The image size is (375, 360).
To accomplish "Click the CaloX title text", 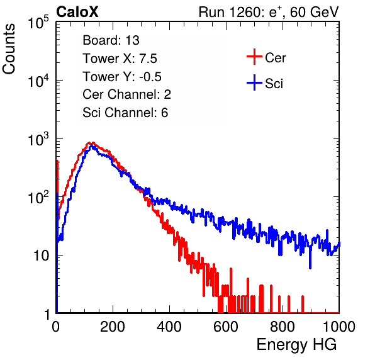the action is pos(77,12).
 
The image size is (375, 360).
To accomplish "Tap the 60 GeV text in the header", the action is pos(315,12).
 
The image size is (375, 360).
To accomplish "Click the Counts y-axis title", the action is pos(9,49).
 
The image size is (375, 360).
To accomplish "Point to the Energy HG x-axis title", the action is pos(296,345).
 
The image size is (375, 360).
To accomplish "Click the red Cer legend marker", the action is pos(254,57).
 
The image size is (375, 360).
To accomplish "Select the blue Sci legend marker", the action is pos(254,83).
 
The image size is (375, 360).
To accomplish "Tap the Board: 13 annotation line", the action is pos(111,40).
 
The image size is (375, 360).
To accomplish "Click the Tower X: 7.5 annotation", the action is pos(120,59).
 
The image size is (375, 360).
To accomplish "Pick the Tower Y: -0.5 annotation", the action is pos(122,77).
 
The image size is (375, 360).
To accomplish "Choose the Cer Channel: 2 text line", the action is pos(126,94).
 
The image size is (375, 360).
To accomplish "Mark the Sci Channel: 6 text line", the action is pos(125,113).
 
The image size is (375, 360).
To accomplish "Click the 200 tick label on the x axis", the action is pos(113,327).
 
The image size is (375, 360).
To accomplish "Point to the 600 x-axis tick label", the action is pos(226,327).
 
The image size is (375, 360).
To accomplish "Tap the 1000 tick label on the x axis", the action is pos(339,327).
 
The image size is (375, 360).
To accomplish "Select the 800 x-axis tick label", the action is pos(283,327).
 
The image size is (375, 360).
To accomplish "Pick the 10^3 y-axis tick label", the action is pos(38,140).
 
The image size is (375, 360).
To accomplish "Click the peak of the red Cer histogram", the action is pos(92,143).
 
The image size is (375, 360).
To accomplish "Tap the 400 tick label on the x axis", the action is pos(169,327).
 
